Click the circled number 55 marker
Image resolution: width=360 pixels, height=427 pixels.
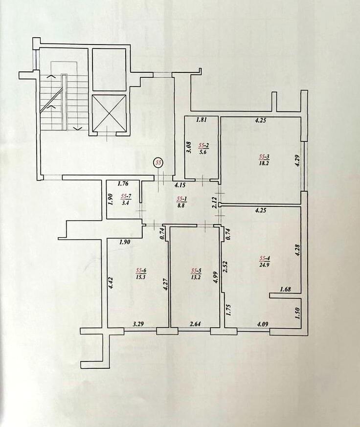(x=157, y=162)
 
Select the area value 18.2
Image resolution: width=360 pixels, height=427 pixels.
(x=264, y=164)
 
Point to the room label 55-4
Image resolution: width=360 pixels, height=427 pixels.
(x=265, y=258)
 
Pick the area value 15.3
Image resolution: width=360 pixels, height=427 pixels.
(x=141, y=276)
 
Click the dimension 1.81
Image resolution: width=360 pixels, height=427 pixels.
(x=201, y=120)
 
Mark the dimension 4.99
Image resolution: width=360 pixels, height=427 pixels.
(x=215, y=270)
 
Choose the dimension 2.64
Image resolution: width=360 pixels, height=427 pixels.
(x=196, y=323)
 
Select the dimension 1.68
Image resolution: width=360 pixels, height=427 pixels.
(x=285, y=289)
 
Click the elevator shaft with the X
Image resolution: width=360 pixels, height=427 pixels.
(x=109, y=113)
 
